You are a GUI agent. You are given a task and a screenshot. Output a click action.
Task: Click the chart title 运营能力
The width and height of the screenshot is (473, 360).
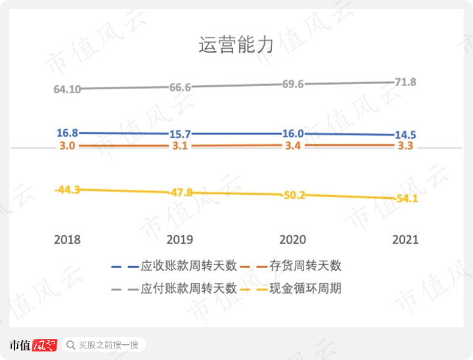[236, 45]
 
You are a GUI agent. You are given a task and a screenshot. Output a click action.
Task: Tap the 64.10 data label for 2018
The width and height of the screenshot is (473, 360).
[67, 89]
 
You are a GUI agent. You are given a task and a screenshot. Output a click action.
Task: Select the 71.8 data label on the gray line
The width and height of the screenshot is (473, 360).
[404, 82]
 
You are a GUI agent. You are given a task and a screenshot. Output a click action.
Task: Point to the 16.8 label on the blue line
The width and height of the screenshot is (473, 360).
[68, 132]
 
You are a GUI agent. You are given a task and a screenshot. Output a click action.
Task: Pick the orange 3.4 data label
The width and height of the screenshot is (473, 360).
[292, 146]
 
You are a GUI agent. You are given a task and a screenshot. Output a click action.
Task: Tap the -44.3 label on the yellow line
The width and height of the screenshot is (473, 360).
[67, 189]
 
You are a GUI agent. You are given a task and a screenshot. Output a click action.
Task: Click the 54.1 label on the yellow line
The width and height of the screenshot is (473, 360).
[405, 198]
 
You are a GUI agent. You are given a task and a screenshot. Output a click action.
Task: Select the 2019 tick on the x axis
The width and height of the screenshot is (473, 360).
[180, 240]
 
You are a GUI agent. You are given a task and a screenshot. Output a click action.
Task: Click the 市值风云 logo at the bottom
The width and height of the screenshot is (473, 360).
[33, 345]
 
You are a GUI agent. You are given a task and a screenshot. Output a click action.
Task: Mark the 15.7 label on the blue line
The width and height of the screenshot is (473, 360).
[180, 134]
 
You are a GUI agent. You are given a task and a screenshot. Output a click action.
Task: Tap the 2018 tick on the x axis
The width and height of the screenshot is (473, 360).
[67, 240]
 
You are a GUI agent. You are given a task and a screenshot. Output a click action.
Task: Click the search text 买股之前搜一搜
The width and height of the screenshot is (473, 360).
[108, 345]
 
